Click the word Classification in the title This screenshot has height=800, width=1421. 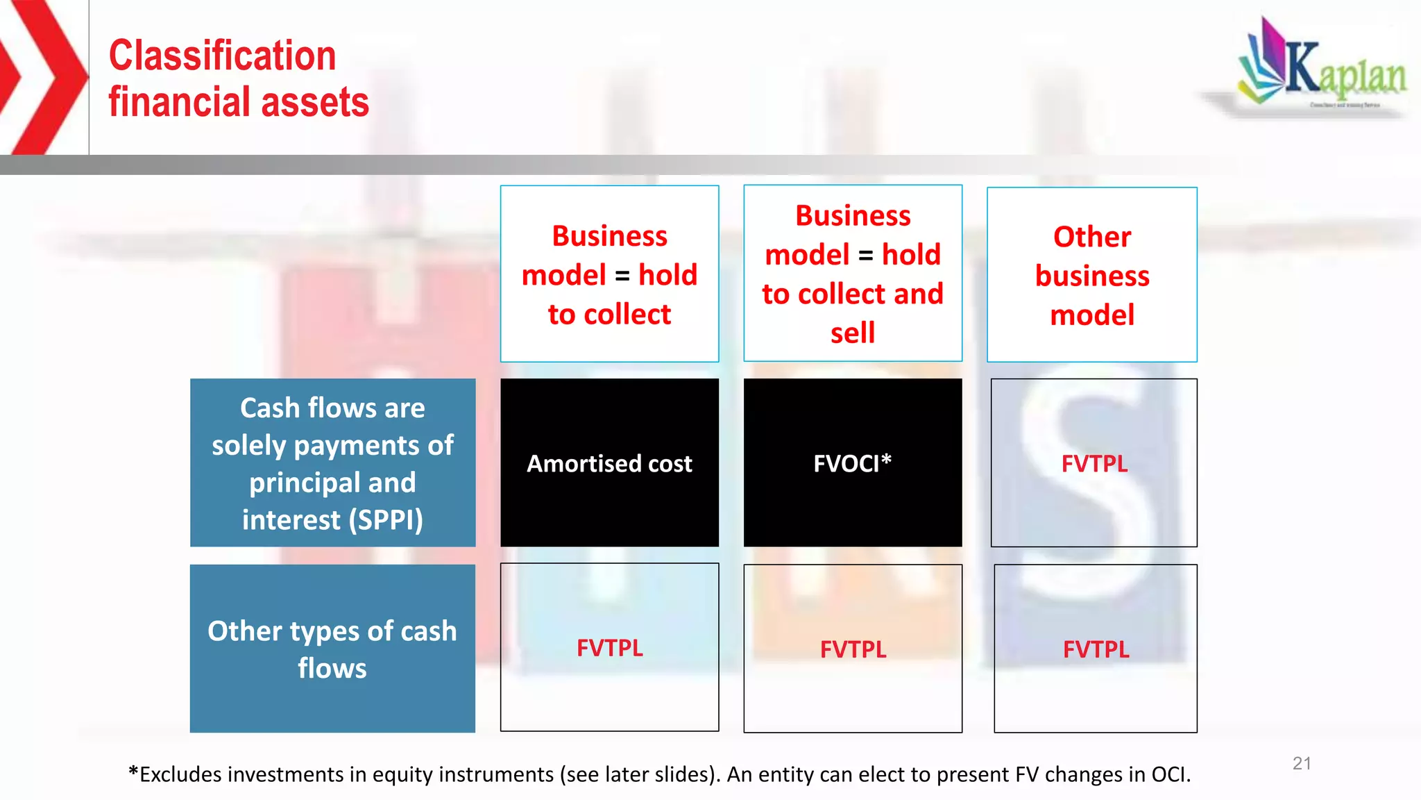tap(222, 56)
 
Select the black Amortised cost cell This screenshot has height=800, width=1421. tap(609, 463)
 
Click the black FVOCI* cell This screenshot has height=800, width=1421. tap(852, 463)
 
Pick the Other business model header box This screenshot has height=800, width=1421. tap(1091, 275)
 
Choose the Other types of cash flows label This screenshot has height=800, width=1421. tap(332, 649)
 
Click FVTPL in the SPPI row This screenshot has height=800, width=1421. tap(1094, 464)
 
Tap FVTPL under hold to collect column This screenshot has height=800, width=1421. tap(609, 648)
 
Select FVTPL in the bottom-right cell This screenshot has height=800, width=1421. tap(1096, 649)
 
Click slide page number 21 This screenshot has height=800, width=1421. tap(1302, 763)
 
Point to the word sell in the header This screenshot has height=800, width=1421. tap(852, 333)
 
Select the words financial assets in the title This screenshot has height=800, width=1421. tap(238, 103)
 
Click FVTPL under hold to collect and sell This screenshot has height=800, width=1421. tap(853, 649)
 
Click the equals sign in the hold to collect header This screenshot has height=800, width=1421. tap(622, 276)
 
